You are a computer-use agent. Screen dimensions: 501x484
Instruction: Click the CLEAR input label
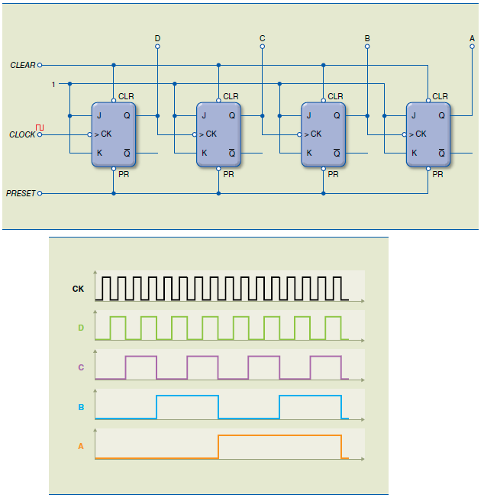[22, 65]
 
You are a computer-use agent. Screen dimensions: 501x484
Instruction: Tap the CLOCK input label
[22, 134]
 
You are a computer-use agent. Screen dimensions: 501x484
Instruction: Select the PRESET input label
[21, 193]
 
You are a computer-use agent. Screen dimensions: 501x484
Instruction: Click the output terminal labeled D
[157, 46]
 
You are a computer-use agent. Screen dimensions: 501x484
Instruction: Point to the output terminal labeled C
[262, 46]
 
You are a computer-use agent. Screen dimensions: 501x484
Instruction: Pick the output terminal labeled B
[367, 46]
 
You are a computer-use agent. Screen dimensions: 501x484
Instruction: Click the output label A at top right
[472, 37]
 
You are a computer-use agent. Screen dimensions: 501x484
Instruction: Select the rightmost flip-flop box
[428, 134]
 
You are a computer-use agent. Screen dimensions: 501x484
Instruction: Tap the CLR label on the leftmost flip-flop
[126, 96]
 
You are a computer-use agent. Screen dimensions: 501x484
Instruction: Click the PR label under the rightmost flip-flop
[437, 174]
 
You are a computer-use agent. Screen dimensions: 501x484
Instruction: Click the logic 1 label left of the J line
[53, 84]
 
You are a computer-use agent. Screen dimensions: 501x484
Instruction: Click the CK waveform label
[78, 289]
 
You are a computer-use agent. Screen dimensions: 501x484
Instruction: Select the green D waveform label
[80, 328]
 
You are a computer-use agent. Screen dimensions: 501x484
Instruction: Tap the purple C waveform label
[80, 367]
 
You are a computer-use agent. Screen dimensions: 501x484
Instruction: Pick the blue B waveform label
[80, 407]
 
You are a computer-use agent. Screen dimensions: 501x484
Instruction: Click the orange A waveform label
[80, 446]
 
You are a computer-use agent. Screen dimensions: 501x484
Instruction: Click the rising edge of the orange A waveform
[218, 446]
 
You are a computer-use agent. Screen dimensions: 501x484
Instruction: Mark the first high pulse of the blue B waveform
[187, 397]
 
